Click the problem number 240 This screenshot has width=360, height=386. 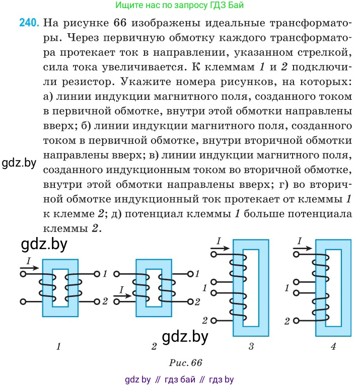click(29, 23)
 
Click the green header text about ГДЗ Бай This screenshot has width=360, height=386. click(180, 5)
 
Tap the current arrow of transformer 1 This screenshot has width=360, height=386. click(29, 268)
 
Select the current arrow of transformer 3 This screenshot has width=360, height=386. click(220, 248)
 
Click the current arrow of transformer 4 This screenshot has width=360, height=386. click(303, 248)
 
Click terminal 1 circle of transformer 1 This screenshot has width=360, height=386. click(97, 274)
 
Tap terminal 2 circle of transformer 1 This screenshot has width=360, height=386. click(97, 301)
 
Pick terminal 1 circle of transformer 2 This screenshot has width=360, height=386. click(190, 274)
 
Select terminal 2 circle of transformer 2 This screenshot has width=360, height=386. click(190, 301)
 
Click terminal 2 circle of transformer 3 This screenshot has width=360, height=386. click(214, 321)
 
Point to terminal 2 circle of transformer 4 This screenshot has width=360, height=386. click(296, 321)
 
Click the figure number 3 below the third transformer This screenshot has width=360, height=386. click(251, 347)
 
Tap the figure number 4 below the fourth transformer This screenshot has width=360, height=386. click(333, 347)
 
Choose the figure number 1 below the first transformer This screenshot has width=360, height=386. click(58, 347)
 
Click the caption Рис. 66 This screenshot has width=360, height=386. click(185, 363)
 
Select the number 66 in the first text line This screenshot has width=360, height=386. click(120, 23)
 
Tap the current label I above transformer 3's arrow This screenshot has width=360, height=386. click(219, 241)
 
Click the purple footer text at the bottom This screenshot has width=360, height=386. click(179, 379)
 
